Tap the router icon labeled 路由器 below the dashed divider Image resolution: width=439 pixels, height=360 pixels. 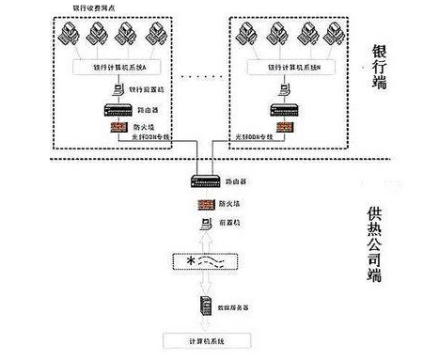pos(204,182)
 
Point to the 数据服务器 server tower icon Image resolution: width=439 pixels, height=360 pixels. pos(204,305)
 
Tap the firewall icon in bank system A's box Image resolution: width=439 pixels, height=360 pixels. pos(119,128)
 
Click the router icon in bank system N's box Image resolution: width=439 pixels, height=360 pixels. pos(285,111)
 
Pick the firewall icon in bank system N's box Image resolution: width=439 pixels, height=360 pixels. pos(285,127)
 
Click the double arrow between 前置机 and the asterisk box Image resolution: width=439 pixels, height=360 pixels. pos(204,241)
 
